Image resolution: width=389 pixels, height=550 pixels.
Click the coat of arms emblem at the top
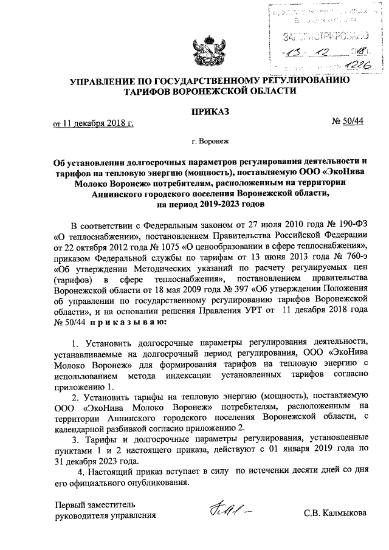click(x=210, y=49)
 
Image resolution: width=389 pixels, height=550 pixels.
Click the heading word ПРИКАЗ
click(x=210, y=112)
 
